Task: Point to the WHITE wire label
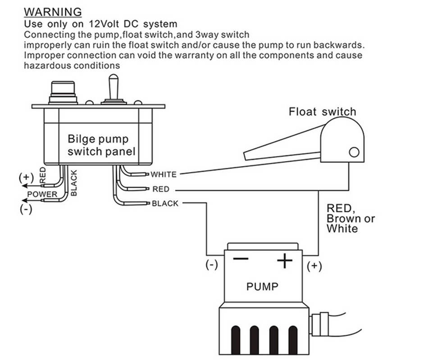click(x=164, y=174)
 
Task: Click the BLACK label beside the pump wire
click(x=165, y=203)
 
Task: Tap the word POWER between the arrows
click(x=43, y=194)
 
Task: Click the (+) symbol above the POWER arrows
click(x=25, y=177)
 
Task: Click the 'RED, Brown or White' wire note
click(x=351, y=218)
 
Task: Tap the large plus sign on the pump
click(x=284, y=260)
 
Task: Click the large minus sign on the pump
click(x=241, y=259)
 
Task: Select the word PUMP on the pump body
click(x=262, y=286)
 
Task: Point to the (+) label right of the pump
click(x=314, y=266)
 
